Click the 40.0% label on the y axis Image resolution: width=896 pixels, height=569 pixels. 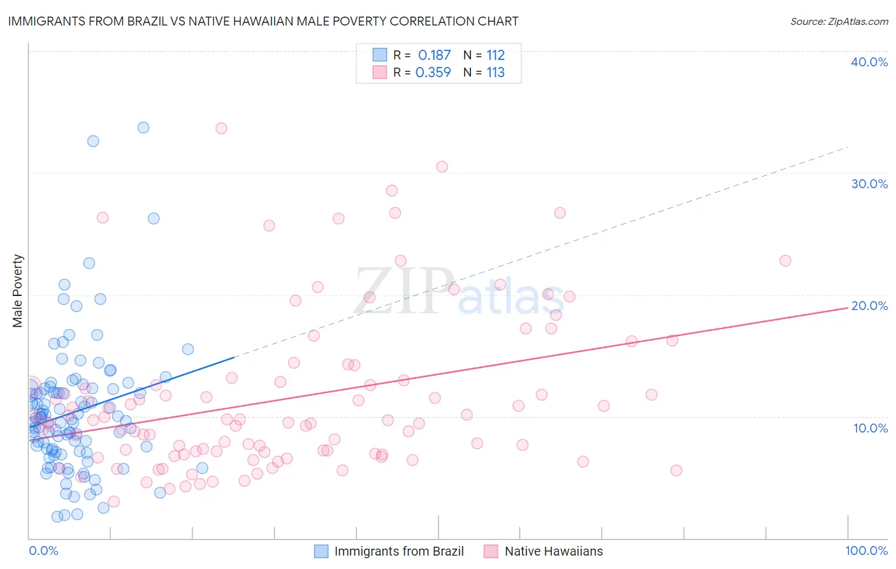869,62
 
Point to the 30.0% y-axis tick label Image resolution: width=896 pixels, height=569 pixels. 869,184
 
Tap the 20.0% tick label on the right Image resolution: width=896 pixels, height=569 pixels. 869,306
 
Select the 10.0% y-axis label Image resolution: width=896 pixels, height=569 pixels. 870,427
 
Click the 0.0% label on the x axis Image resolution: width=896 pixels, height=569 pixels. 43,551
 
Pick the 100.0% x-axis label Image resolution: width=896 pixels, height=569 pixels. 866,551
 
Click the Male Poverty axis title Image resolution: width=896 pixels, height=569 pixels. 18,291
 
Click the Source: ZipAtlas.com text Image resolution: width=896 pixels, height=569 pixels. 839,21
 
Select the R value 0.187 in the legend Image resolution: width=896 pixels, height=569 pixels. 434,55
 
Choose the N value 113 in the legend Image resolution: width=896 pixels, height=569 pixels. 495,73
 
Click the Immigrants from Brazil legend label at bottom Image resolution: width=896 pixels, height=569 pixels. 399,551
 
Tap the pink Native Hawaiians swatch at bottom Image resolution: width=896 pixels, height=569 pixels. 491,551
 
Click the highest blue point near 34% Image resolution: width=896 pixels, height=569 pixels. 143,128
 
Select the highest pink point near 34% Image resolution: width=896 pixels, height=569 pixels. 221,128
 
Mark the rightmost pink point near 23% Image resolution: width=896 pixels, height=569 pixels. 785,261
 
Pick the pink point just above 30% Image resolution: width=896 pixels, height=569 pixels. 442,166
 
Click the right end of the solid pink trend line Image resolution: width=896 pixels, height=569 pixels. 848,307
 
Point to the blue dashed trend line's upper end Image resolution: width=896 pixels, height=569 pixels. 848,147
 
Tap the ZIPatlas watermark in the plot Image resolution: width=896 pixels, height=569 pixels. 459,293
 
